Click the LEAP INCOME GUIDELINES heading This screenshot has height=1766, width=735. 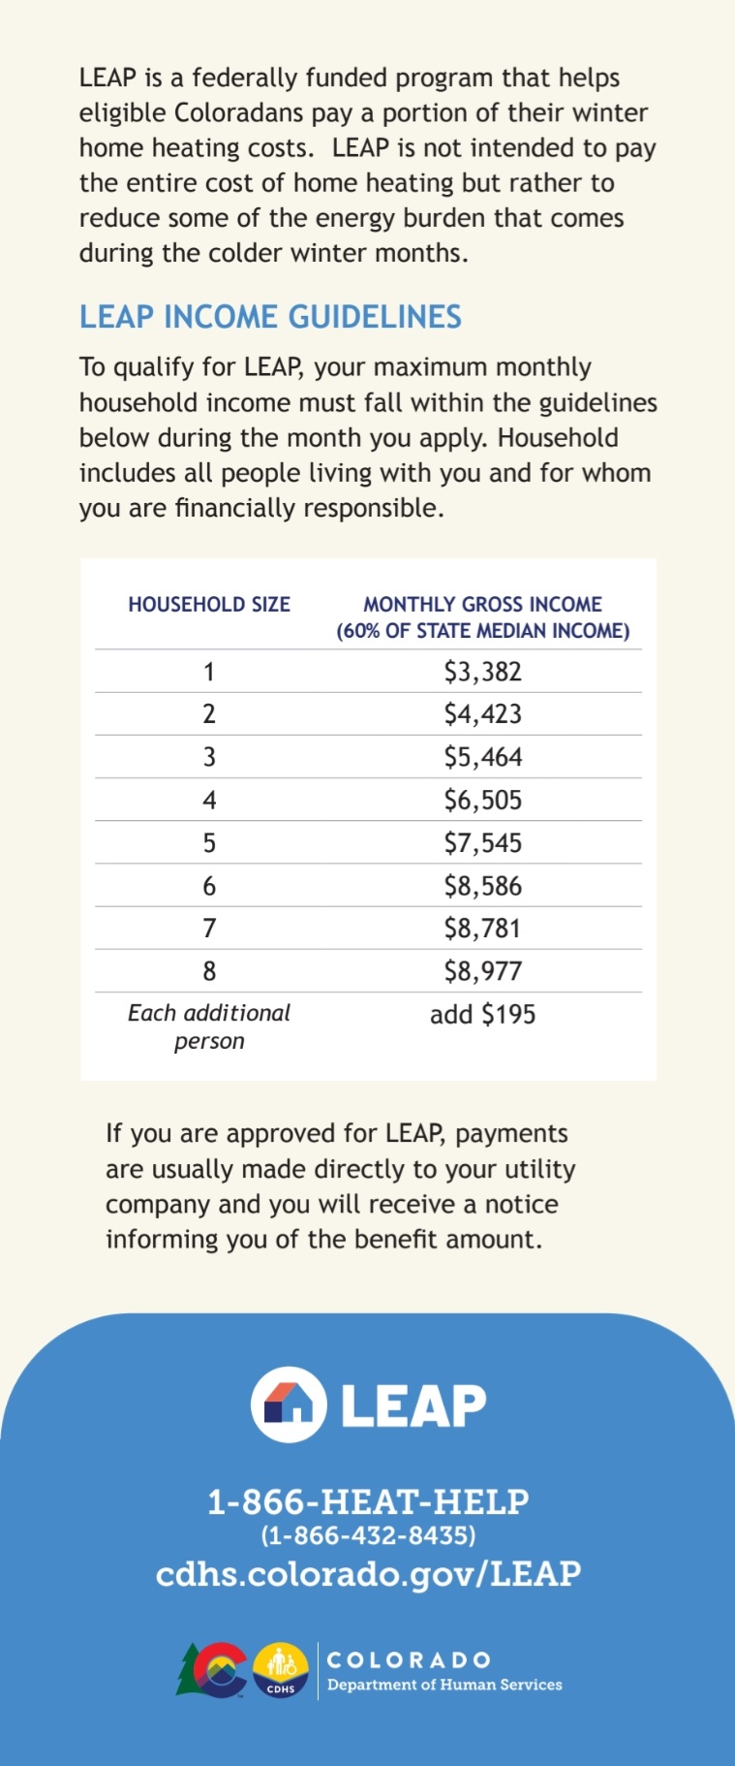(270, 317)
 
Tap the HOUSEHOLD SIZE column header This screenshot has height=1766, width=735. (209, 605)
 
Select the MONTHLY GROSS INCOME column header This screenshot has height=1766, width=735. (482, 617)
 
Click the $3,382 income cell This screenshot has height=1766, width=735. (482, 672)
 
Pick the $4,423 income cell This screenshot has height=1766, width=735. (482, 714)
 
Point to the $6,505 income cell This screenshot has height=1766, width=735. (482, 801)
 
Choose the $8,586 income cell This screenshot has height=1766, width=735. (482, 886)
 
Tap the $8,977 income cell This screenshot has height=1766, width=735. (482, 971)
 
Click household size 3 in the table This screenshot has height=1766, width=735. (209, 757)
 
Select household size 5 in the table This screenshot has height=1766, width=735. (209, 843)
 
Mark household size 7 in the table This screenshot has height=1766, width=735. (209, 929)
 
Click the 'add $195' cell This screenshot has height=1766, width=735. (482, 1015)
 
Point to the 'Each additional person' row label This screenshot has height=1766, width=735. (209, 1026)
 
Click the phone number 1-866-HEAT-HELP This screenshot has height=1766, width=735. (368, 1501)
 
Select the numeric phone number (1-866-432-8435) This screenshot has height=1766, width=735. (368, 1535)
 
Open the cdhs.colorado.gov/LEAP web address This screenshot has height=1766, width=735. (368, 1573)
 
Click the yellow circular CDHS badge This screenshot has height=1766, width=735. (281, 1670)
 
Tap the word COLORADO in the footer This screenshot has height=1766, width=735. (409, 1660)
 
